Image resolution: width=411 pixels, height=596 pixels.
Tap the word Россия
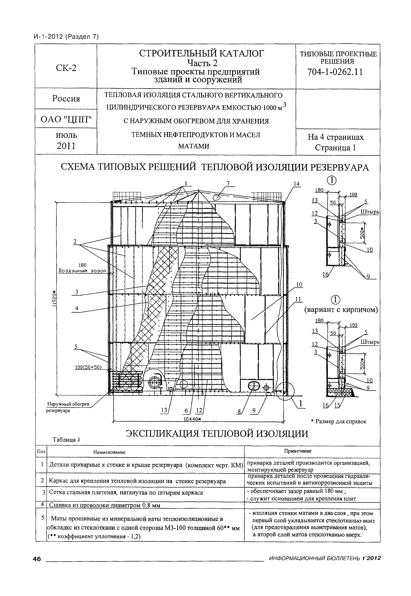click(66, 99)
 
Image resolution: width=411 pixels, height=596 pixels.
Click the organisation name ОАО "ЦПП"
click(66, 119)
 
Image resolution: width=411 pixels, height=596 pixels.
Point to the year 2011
click(66, 146)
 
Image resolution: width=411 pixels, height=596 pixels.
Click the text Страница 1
click(335, 148)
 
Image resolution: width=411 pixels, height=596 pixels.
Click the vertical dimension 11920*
click(54, 299)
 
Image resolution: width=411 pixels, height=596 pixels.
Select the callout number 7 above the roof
click(228, 183)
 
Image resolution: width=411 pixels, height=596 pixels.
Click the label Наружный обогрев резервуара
click(68, 407)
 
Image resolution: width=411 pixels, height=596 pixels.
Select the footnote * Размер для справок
click(338, 422)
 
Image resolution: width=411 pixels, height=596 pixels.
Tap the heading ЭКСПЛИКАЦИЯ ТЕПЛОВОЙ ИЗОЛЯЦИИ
click(217, 434)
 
